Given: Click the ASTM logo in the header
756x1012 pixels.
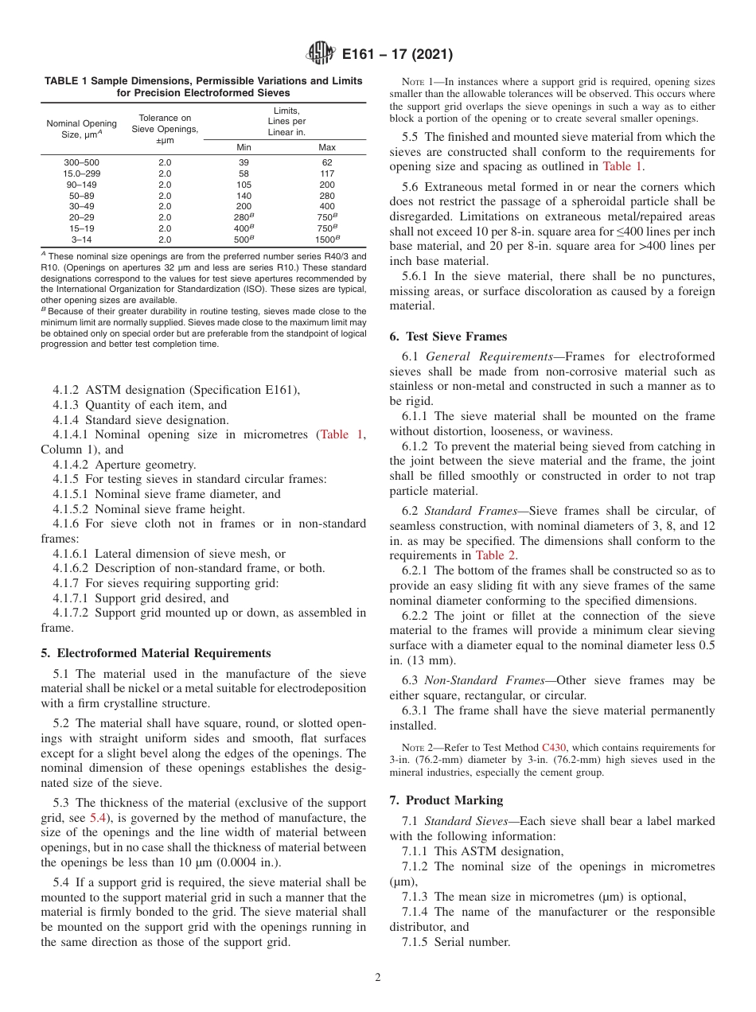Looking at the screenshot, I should click(321, 54).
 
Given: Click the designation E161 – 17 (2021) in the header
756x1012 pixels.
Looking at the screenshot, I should click(397, 55).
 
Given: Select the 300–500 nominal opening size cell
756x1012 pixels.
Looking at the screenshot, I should click(82, 162).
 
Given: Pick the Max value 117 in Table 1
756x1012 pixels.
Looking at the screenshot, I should click(327, 173).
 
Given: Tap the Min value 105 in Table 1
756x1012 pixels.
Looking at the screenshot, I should click(244, 185).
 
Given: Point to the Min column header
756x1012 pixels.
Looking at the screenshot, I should click(244, 147).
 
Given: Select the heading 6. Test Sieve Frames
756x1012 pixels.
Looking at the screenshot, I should click(448, 337).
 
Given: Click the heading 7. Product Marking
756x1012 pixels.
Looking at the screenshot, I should click(446, 800).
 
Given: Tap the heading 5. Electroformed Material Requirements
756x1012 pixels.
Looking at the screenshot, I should click(156, 653).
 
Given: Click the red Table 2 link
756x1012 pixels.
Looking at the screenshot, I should click(495, 555).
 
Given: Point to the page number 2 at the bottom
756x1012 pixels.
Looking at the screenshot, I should click(378, 978).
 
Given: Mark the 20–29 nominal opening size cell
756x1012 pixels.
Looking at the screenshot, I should click(82, 217).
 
